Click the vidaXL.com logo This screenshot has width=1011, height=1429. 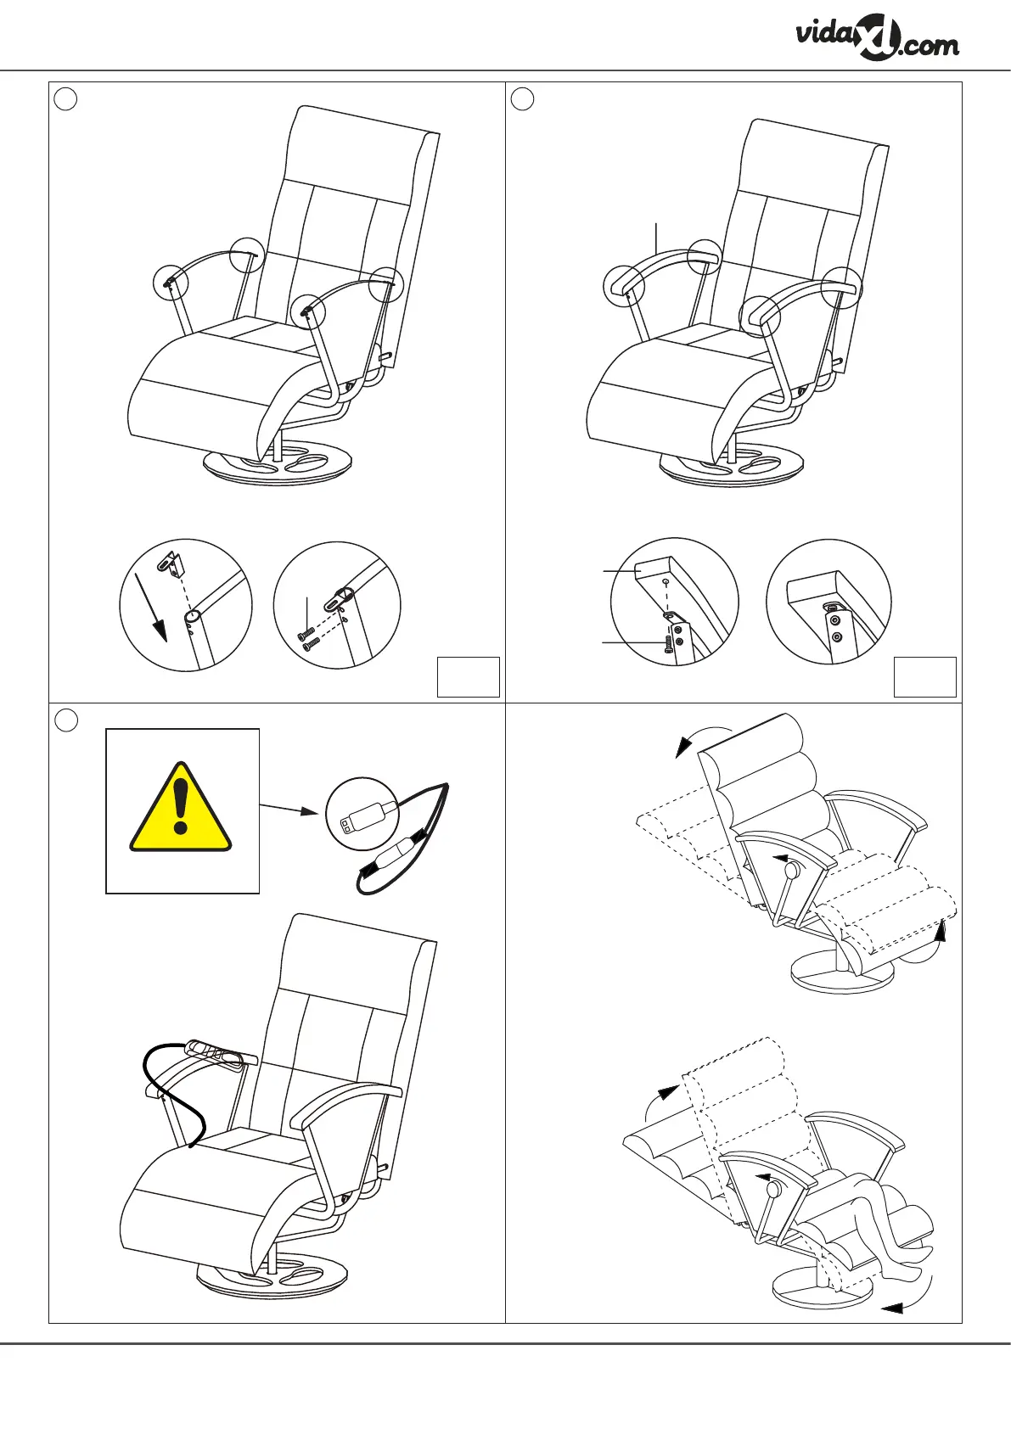pos(877,40)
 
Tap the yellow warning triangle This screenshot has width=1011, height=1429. pos(180,809)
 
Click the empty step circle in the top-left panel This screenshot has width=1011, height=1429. pos(65,98)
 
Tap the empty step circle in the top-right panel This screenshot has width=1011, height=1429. pos(522,98)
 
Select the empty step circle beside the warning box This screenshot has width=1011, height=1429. pos(65,720)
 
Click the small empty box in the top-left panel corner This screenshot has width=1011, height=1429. pos(468,676)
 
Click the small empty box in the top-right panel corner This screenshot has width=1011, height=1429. pos(924,676)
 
